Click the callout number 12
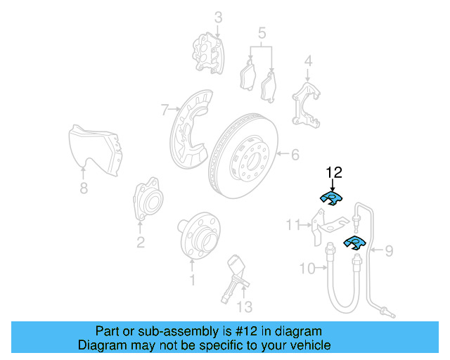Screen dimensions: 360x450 (x=333, y=172)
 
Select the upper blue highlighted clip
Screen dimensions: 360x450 (x=330, y=198)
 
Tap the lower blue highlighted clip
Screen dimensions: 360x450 (x=354, y=244)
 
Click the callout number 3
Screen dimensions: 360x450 (x=218, y=16)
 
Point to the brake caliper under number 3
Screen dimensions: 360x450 (x=208, y=51)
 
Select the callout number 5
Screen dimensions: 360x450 (x=262, y=32)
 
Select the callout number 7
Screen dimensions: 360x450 (x=165, y=110)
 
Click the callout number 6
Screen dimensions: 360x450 (x=295, y=153)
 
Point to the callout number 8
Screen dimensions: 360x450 (x=84, y=188)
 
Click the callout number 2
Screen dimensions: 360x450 (x=141, y=243)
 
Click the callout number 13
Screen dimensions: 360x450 (x=243, y=307)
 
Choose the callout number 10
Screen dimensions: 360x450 (x=307, y=267)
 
